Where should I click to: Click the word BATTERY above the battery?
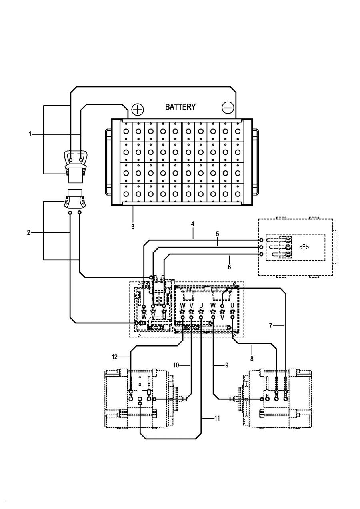[x=180, y=107]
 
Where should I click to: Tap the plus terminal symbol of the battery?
[x=138, y=110]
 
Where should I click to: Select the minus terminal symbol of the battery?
[x=228, y=108]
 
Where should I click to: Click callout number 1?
[x=30, y=134]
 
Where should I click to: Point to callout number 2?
[x=28, y=232]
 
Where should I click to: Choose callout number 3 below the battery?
[x=133, y=226]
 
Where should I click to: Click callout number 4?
[x=193, y=224]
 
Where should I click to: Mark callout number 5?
[x=217, y=234]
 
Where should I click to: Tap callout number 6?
[x=229, y=267]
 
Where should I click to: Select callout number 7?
[x=270, y=326]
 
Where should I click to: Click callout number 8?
[x=252, y=359]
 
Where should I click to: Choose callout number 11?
[x=217, y=418]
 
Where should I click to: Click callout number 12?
[x=115, y=357]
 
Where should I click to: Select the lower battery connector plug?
[x=74, y=199]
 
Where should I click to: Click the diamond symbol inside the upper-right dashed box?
[x=304, y=247]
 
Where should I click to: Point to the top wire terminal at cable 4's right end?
[x=261, y=240]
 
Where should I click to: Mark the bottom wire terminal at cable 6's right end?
[x=261, y=254]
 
